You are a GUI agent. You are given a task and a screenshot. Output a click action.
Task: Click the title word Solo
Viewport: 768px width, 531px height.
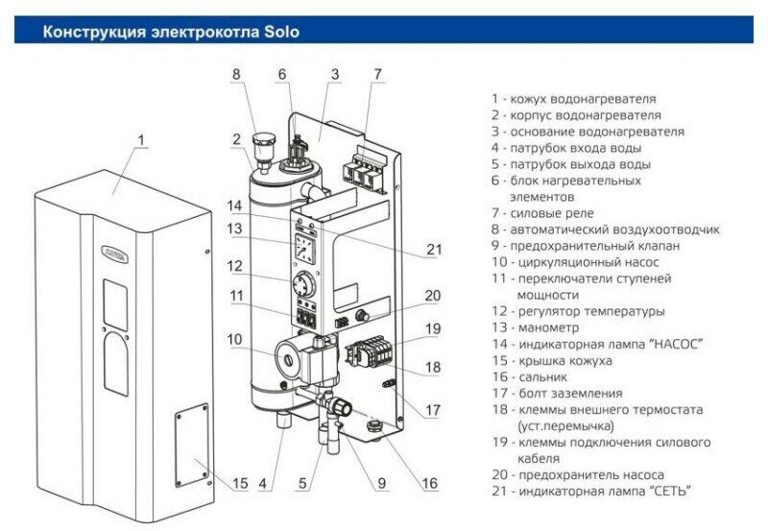(x=279, y=32)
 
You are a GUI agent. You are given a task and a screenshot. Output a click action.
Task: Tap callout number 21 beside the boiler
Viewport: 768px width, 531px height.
(x=434, y=251)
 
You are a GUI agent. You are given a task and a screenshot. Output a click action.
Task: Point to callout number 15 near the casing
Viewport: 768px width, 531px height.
(x=240, y=482)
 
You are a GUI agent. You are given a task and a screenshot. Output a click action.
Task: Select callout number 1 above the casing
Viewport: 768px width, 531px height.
(x=141, y=142)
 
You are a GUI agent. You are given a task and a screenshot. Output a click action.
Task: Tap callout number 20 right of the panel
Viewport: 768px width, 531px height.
(x=432, y=296)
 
